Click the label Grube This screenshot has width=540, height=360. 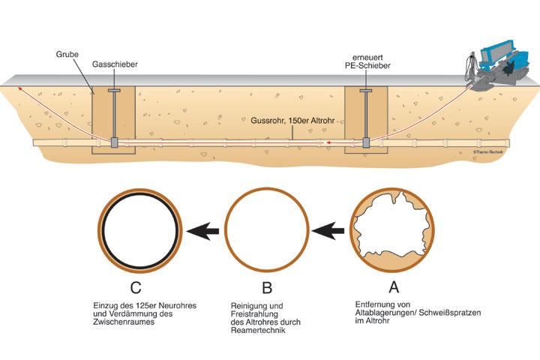[x=67, y=55]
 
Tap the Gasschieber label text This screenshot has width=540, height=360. [x=114, y=64]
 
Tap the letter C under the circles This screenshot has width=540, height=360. [x=142, y=287]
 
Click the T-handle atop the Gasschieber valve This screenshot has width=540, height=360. [x=114, y=91]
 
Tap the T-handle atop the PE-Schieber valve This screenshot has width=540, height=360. [x=365, y=91]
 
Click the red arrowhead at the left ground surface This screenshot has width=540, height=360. [x=20, y=89]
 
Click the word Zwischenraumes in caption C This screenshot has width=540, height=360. [x=131, y=322]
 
